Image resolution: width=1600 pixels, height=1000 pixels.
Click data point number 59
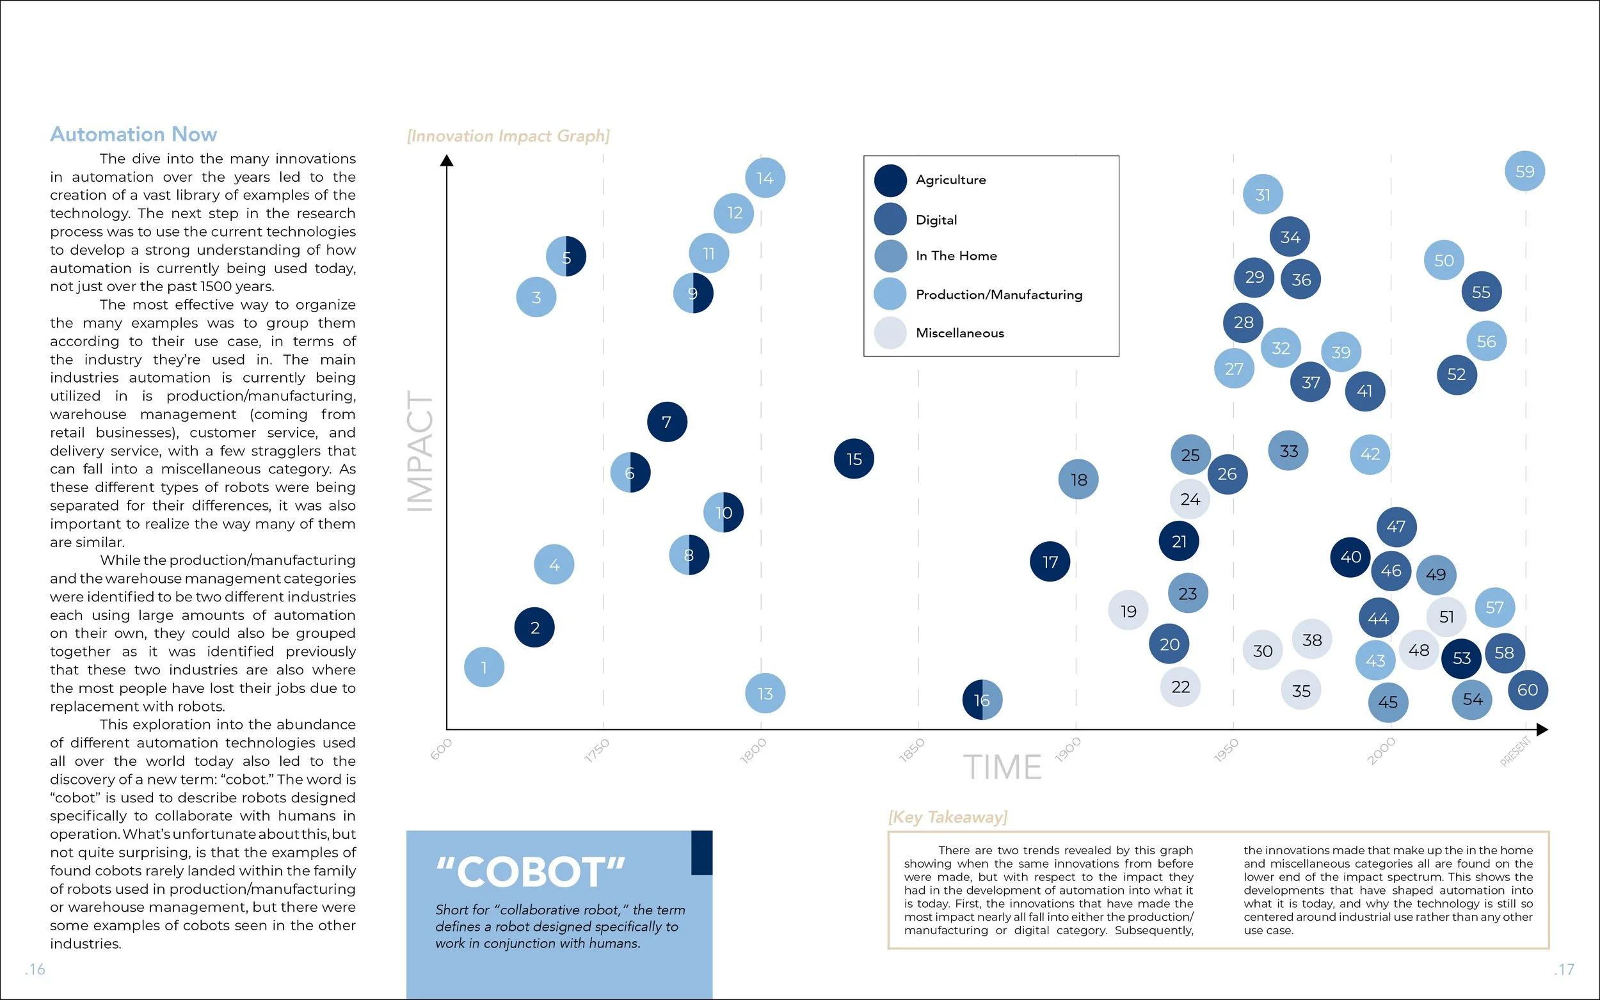(1524, 171)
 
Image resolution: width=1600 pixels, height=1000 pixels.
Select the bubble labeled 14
(765, 178)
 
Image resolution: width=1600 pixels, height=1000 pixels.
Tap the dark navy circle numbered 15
(853, 459)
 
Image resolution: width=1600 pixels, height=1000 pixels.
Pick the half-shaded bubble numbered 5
(566, 257)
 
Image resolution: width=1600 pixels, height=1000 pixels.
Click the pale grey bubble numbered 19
(1128, 610)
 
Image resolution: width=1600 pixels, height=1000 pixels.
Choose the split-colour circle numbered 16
(982, 700)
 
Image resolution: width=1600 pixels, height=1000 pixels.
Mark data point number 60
(1527, 690)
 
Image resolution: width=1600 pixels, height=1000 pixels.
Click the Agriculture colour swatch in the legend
(890, 180)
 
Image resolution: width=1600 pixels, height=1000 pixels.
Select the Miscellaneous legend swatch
(890, 333)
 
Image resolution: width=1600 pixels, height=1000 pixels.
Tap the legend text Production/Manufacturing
(999, 295)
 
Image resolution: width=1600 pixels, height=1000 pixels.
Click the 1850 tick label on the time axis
(911, 750)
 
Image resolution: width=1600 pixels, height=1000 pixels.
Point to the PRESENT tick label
(1516, 751)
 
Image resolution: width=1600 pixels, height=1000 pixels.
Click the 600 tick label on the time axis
(441, 749)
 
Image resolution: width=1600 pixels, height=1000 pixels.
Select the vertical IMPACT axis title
(419, 451)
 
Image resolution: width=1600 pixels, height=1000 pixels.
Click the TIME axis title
(1002, 767)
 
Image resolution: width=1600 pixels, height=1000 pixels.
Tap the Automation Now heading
(134, 134)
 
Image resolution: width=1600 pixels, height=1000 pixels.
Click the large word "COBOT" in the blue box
(531, 871)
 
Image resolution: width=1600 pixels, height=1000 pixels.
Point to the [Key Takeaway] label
(948, 818)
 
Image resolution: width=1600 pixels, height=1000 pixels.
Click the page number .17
(1564, 969)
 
